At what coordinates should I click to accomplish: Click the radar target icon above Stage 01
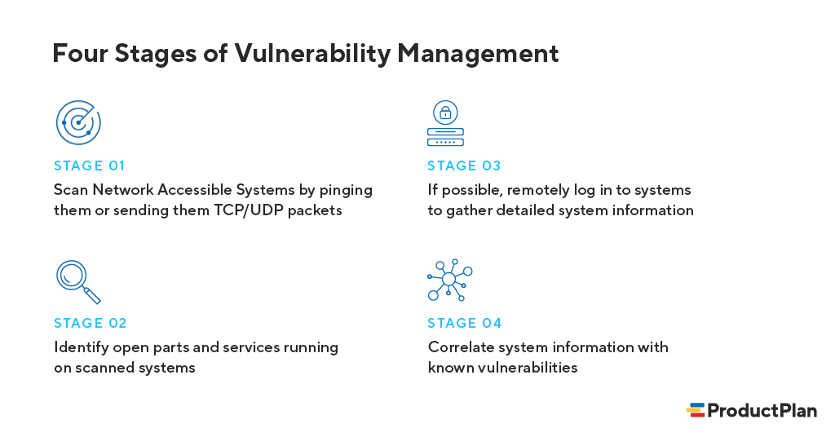[x=78, y=123]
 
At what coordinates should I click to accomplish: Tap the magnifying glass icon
[x=77, y=280]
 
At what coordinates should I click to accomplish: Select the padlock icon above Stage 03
[x=445, y=112]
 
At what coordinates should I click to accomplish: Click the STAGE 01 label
[x=90, y=166]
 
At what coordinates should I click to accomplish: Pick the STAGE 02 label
[x=91, y=323]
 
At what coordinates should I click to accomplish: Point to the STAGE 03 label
[x=464, y=166]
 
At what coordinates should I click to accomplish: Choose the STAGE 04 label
[x=465, y=323]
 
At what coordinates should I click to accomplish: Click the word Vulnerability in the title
[x=312, y=53]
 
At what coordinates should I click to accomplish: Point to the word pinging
[x=346, y=190]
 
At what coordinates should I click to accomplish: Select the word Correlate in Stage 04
[x=460, y=347]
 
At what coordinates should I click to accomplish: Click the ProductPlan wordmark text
[x=762, y=410]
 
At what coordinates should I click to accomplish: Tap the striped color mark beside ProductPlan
[x=696, y=410]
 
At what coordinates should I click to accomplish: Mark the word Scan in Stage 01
[x=70, y=190]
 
